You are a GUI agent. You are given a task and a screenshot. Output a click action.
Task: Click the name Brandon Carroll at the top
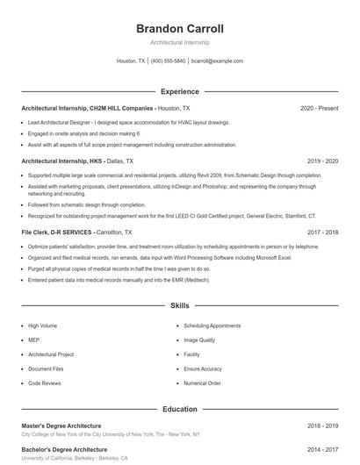(179, 28)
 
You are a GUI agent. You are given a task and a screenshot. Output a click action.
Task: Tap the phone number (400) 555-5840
(168, 61)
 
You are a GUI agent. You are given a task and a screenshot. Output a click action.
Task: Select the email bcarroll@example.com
(217, 61)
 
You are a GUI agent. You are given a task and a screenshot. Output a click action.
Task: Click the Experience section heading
(179, 91)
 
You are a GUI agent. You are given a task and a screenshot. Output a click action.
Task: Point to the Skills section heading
(179, 306)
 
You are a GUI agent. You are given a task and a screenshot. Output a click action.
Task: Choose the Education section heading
(179, 409)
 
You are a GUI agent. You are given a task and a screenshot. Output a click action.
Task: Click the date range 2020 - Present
(319, 108)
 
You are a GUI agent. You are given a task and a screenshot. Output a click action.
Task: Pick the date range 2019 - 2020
(322, 161)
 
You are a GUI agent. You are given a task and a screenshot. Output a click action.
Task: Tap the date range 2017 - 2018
(322, 232)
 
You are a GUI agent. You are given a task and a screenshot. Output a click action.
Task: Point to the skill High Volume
(44, 325)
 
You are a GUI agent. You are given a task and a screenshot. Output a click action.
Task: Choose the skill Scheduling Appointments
(212, 325)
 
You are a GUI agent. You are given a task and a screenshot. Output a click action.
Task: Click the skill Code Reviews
(45, 383)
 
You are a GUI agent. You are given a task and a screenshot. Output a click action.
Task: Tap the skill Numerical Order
(202, 383)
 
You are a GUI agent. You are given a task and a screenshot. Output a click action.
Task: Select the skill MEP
(34, 340)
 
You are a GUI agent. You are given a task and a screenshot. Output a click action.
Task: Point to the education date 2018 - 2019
(322, 426)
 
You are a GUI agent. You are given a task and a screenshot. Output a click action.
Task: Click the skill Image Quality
(199, 340)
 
